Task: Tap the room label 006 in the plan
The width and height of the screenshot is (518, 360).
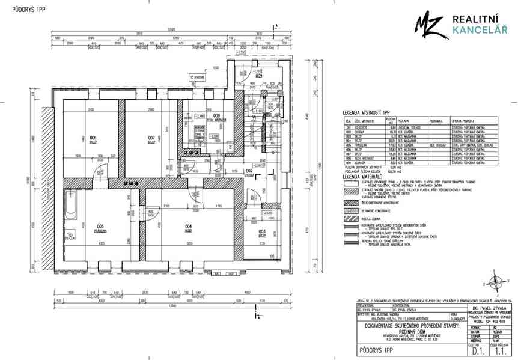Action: (93, 138)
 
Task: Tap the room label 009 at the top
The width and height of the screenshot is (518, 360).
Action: (258, 76)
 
